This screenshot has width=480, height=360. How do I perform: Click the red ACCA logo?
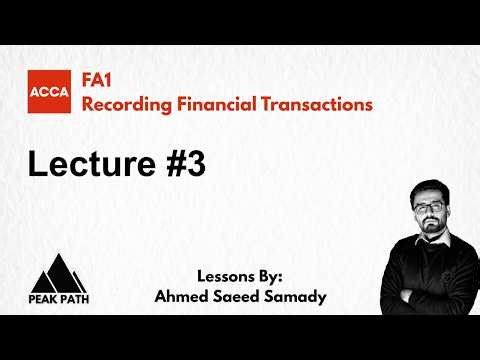point(48,93)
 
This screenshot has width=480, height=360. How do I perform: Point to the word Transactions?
point(314,103)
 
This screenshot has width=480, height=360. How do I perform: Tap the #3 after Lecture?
point(185,164)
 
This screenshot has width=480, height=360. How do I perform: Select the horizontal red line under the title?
point(240,126)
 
